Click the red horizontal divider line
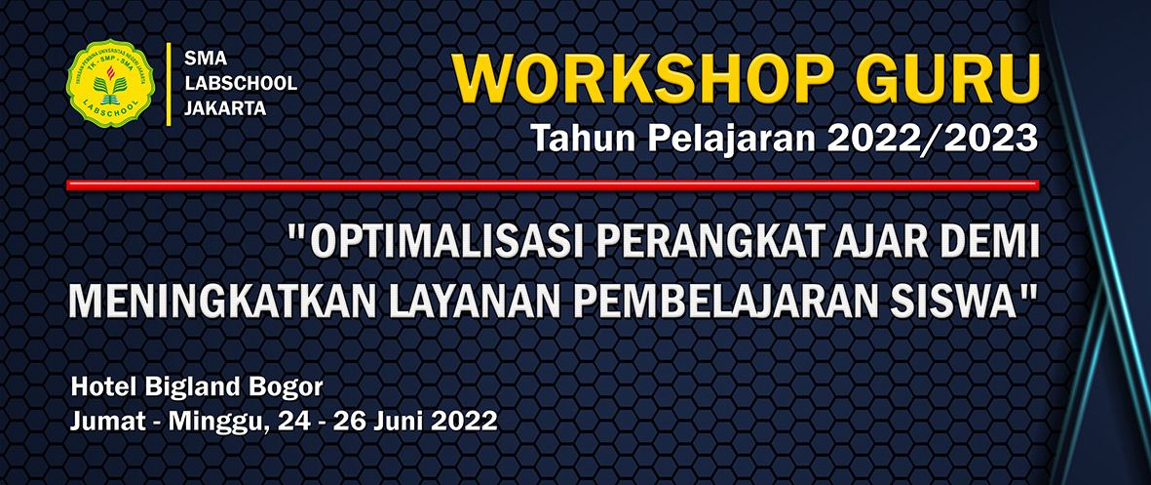pyautogui.click(x=553, y=184)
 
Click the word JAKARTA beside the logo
pyautogui.click(x=225, y=109)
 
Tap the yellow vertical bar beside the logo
pyautogui.click(x=170, y=84)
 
